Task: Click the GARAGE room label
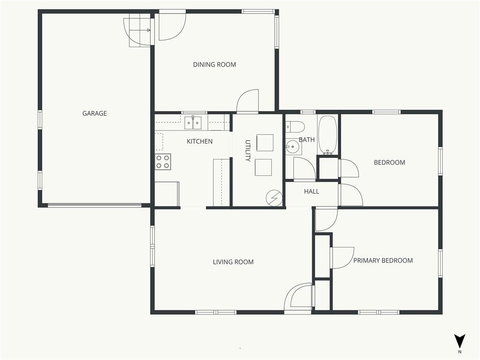click(95, 113)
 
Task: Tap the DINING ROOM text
click(214, 65)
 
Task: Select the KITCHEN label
click(200, 142)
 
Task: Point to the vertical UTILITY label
click(248, 150)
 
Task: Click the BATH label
click(307, 140)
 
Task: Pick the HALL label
click(312, 192)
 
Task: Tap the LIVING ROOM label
click(233, 262)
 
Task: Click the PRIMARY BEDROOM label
click(383, 261)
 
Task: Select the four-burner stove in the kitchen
click(163, 162)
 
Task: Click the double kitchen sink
click(193, 123)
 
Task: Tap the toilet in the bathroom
click(295, 126)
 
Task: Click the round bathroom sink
click(293, 147)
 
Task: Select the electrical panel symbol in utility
click(274, 198)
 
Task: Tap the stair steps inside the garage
click(140, 32)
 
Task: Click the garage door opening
click(95, 205)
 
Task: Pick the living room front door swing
click(299, 296)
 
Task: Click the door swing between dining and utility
click(247, 101)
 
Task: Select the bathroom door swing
click(304, 168)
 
